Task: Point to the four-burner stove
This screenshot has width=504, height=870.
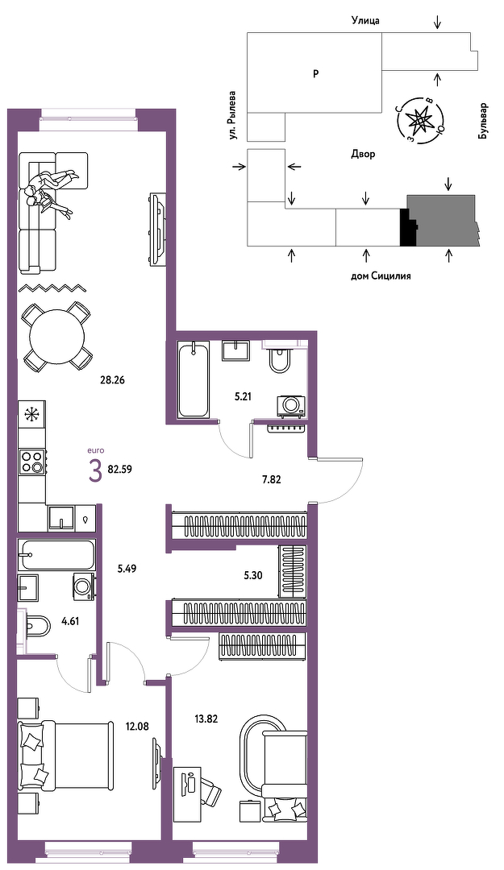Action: click(32, 461)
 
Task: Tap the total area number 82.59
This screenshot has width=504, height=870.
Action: click(120, 468)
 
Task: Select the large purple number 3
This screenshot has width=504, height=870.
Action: click(95, 471)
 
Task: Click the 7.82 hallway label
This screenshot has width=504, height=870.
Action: click(271, 479)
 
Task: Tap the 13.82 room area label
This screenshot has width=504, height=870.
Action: click(205, 719)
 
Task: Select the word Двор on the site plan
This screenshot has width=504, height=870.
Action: click(363, 154)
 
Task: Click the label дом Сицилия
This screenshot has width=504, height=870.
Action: click(381, 275)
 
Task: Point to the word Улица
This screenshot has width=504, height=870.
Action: click(365, 21)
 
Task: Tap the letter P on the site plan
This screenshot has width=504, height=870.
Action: click(315, 73)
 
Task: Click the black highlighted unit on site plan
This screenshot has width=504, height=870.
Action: click(408, 228)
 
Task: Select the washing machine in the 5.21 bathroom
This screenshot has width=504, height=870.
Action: click(290, 404)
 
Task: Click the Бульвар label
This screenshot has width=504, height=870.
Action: click(483, 121)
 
